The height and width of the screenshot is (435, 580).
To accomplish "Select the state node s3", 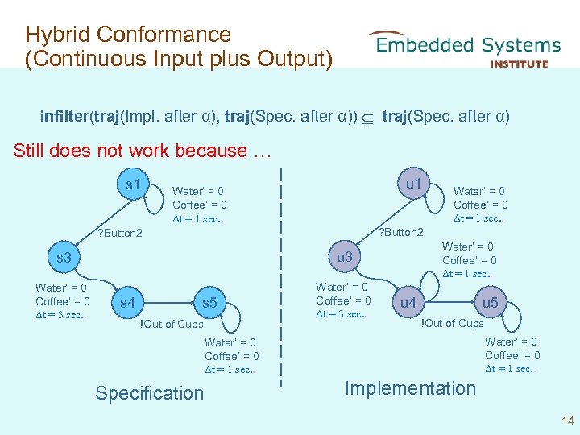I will point(64,259).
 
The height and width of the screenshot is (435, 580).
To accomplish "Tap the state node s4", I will point(128,304).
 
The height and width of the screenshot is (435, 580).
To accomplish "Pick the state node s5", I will point(209,304).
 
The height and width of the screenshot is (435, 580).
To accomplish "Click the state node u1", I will point(413,184).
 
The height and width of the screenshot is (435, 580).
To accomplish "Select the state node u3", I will point(345,257).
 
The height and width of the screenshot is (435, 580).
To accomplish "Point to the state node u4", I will point(408,304).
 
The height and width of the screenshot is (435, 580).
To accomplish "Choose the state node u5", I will point(490,303).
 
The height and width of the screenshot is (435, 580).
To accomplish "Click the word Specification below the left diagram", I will point(150,393).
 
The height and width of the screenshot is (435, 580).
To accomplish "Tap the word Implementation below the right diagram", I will point(410,388).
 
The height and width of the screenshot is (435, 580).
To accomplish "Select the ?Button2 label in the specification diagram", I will point(119,234).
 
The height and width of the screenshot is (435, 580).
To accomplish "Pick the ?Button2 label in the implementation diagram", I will point(400,233).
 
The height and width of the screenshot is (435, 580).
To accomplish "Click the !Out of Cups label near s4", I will point(172,324).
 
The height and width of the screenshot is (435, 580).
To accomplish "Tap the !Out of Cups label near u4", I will point(453,323).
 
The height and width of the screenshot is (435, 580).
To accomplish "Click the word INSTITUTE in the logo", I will point(519,64).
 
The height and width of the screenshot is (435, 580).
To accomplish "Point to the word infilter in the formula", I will point(65,117).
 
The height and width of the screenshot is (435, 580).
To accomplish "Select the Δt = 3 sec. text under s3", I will point(61,315).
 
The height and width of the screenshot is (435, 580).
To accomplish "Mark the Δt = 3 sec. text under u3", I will point(342,314).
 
